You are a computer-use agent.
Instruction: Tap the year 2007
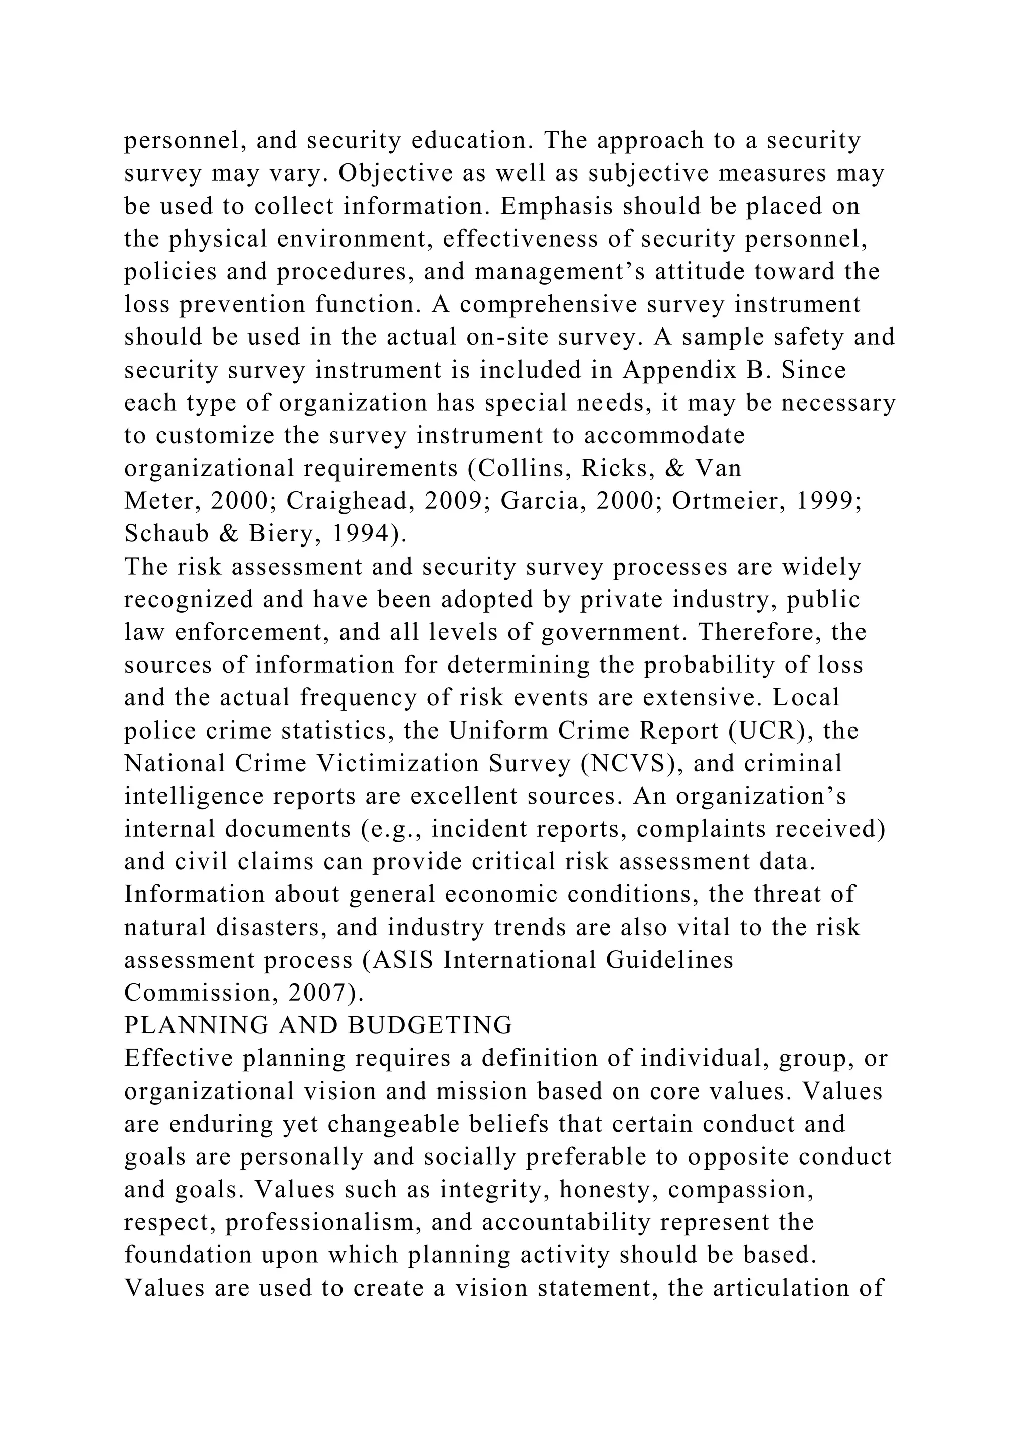point(322,993)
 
